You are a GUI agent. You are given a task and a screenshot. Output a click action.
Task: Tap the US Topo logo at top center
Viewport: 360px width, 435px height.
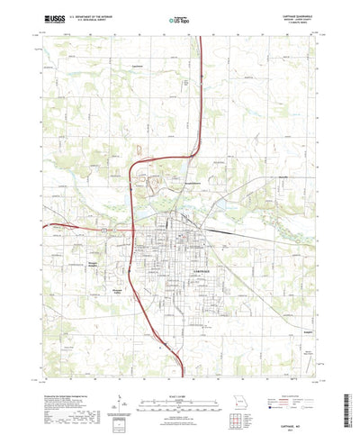click(x=180, y=17)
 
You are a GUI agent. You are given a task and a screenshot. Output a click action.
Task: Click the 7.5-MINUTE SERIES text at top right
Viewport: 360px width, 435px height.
click(x=302, y=22)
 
